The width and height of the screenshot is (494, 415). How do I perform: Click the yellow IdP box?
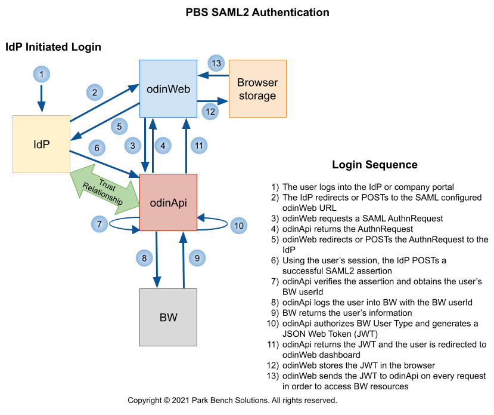click(x=41, y=144)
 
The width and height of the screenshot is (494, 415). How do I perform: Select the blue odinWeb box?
click(x=168, y=88)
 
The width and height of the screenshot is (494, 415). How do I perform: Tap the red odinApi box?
click(x=168, y=202)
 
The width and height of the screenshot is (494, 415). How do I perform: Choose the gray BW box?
click(x=168, y=317)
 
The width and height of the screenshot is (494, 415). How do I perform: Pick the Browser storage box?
click(x=257, y=88)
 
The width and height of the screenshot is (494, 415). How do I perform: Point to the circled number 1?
click(x=41, y=75)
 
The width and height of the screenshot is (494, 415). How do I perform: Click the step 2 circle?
click(x=94, y=93)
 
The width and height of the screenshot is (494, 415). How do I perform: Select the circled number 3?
click(x=133, y=145)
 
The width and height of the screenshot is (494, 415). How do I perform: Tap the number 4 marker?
click(x=163, y=145)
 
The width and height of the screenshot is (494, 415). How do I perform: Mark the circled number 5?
click(x=119, y=127)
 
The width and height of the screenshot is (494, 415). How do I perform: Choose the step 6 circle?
click(x=97, y=147)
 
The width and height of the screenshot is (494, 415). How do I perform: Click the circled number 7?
click(x=100, y=225)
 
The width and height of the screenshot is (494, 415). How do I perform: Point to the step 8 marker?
click(x=144, y=259)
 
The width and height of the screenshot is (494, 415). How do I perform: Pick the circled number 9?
click(x=197, y=259)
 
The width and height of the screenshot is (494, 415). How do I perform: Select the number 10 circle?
click(x=238, y=226)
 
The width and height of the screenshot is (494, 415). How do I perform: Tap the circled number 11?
click(x=199, y=145)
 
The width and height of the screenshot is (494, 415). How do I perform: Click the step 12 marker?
click(x=210, y=111)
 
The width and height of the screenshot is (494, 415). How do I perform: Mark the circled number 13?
click(x=216, y=63)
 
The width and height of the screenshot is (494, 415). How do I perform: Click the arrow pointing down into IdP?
click(x=41, y=98)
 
